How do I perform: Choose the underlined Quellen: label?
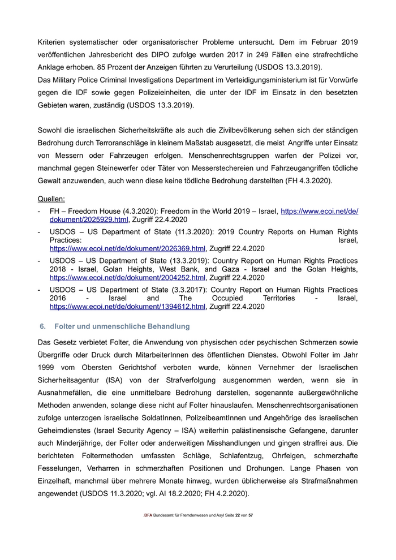coord(51,199)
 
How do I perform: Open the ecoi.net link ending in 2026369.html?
coord(127,248)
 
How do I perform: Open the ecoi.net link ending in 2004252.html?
coord(127,278)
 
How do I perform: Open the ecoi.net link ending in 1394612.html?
coord(127,307)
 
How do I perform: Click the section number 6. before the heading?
coord(42,327)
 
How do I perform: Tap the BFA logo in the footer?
coord(148,516)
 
